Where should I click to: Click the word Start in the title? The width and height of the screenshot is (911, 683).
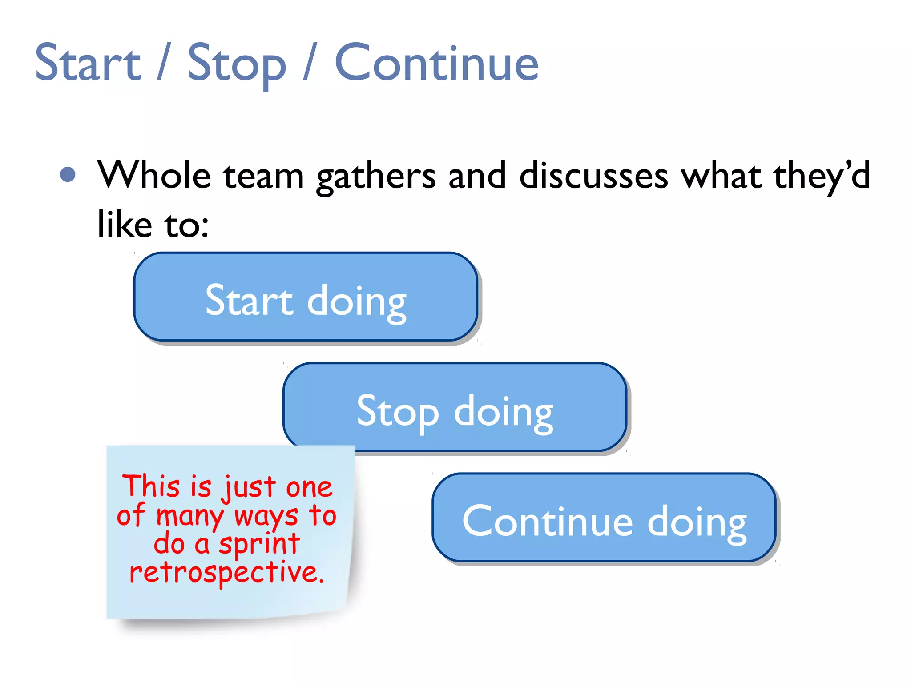click(88, 63)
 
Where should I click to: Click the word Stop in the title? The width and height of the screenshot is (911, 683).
click(237, 64)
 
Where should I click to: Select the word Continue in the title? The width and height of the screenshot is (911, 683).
click(436, 63)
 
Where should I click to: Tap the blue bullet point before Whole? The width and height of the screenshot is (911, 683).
click(68, 174)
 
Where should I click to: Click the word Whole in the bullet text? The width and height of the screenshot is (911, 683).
click(154, 175)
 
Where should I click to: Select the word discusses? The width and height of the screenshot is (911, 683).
click(594, 175)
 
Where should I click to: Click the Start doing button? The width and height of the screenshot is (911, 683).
click(306, 297)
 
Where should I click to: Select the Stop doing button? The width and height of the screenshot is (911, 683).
click(455, 407)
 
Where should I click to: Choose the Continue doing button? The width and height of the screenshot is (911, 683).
click(604, 518)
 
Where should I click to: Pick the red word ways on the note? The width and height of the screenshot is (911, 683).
click(266, 517)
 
